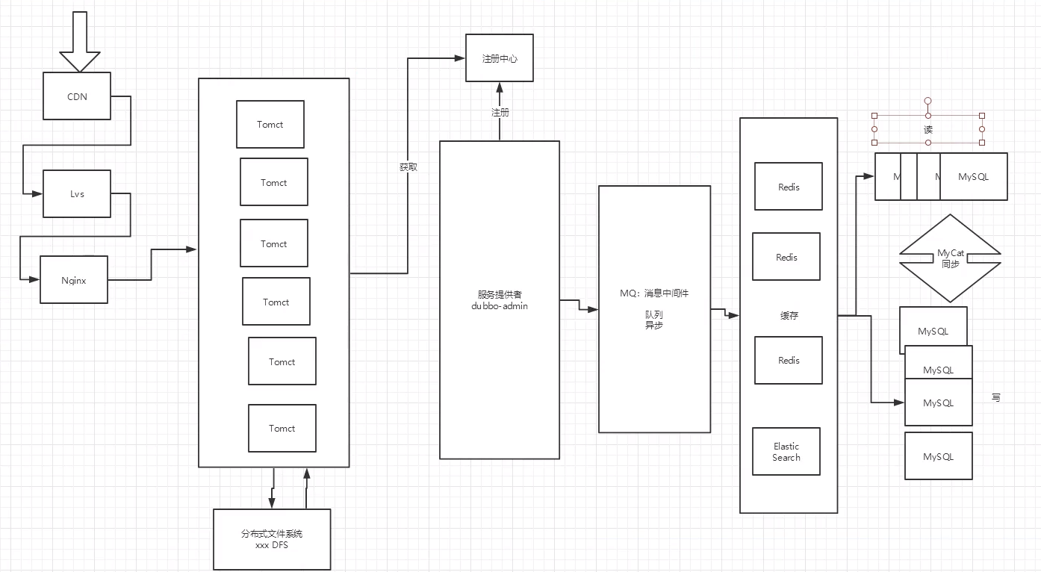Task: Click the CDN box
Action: pyautogui.click(x=76, y=96)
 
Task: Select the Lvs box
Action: pyautogui.click(x=76, y=194)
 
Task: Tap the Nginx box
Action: pyautogui.click(x=73, y=280)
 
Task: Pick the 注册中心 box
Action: pyautogui.click(x=500, y=58)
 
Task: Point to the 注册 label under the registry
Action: pyautogui.click(x=500, y=113)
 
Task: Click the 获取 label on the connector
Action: pyautogui.click(x=408, y=167)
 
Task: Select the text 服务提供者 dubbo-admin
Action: pyautogui.click(x=500, y=300)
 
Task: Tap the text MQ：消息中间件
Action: pyautogui.click(x=654, y=293)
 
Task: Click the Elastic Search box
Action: pyautogui.click(x=786, y=452)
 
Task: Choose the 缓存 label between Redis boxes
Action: pyautogui.click(x=789, y=316)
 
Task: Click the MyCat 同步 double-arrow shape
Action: pyautogui.click(x=950, y=258)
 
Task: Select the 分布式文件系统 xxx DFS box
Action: pyautogui.click(x=272, y=539)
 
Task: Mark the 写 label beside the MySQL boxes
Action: pyautogui.click(x=995, y=398)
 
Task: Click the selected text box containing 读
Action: pyautogui.click(x=928, y=129)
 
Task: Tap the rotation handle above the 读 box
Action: pyautogui.click(x=928, y=100)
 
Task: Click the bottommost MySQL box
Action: pyautogui.click(x=938, y=456)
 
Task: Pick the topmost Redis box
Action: pyautogui.click(x=788, y=187)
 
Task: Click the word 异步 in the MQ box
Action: pyautogui.click(x=654, y=326)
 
